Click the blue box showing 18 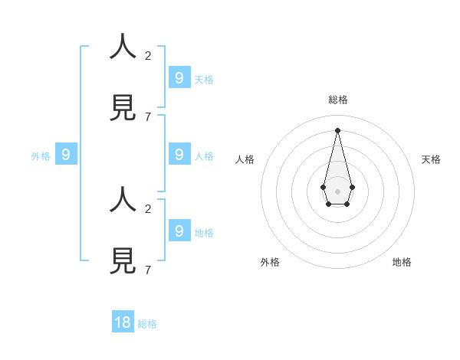(x=123, y=322)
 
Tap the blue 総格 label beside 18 (x=147, y=324)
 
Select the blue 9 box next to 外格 (x=66, y=154)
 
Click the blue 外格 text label (x=41, y=156)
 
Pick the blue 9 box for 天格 (x=179, y=77)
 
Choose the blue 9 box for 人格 (x=179, y=154)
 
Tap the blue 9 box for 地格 (x=179, y=230)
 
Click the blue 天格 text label (x=204, y=80)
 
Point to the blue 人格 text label (x=204, y=156)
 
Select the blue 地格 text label (x=204, y=233)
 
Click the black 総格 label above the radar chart (x=338, y=100)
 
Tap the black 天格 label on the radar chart (x=431, y=159)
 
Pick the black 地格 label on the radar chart (x=402, y=262)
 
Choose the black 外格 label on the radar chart (x=270, y=262)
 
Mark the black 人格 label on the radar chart (x=245, y=159)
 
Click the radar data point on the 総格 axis (x=337, y=130)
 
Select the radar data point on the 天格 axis (x=352, y=187)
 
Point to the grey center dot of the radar (x=337, y=191)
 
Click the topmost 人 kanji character (x=123, y=46)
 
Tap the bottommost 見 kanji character (x=123, y=260)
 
